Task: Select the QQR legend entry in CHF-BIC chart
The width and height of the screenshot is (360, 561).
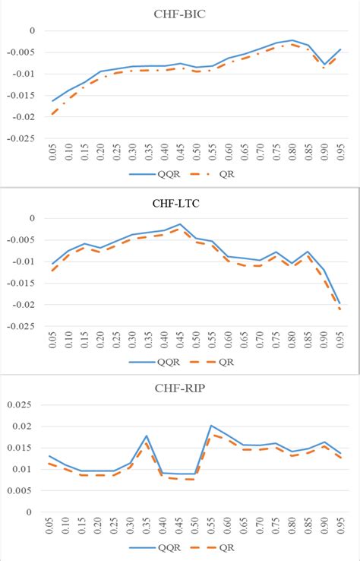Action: [152, 173]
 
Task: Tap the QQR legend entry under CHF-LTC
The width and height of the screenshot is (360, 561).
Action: [151, 362]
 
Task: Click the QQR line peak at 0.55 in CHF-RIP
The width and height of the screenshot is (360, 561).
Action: [210, 426]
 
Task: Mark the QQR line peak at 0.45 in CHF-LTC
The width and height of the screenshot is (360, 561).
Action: [180, 224]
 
